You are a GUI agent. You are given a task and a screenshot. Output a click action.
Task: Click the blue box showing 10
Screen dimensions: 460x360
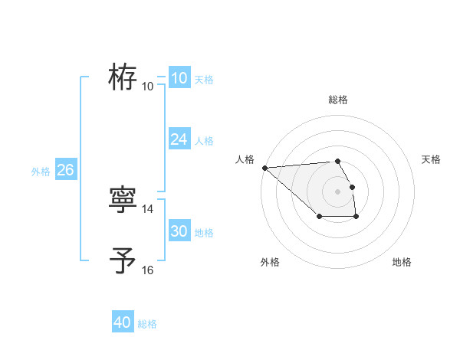pyautogui.click(x=179, y=77)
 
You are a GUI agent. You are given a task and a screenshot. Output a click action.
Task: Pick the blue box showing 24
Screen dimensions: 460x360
pyautogui.click(x=179, y=139)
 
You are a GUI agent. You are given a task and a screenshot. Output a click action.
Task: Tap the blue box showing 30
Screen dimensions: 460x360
pyautogui.click(x=179, y=231)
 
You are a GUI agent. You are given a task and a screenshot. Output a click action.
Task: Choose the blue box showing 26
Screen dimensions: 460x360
pyautogui.click(x=65, y=169)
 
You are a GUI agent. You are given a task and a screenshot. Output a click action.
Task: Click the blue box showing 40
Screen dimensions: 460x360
pyautogui.click(x=123, y=322)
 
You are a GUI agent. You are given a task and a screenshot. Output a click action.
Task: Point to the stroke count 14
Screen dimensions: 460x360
pyautogui.click(x=148, y=209)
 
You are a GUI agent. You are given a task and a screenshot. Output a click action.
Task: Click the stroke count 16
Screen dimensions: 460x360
pyautogui.click(x=148, y=270)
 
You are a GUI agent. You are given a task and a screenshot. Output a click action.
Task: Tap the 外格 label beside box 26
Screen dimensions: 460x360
pyautogui.click(x=41, y=172)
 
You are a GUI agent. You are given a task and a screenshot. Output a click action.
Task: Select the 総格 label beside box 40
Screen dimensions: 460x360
pyautogui.click(x=147, y=324)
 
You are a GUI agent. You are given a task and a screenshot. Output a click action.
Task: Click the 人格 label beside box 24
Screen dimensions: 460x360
pyautogui.click(x=204, y=141)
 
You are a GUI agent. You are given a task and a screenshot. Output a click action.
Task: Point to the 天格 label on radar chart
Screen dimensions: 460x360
pyautogui.click(x=432, y=159)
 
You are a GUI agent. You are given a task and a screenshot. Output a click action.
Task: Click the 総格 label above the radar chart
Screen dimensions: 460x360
pyautogui.click(x=337, y=99)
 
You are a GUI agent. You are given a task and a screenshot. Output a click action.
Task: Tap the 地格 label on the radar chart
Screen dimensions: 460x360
pyautogui.click(x=402, y=262)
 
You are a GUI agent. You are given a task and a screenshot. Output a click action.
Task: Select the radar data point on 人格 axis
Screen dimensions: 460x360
pyautogui.click(x=264, y=168)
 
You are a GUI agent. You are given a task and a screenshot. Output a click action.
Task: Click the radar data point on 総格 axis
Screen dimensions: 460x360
pyautogui.click(x=337, y=161)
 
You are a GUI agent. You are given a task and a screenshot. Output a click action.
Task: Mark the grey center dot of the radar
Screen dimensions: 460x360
pyautogui.click(x=337, y=191)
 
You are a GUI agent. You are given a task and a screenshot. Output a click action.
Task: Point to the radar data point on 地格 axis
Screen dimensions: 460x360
pyautogui.click(x=356, y=218)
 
